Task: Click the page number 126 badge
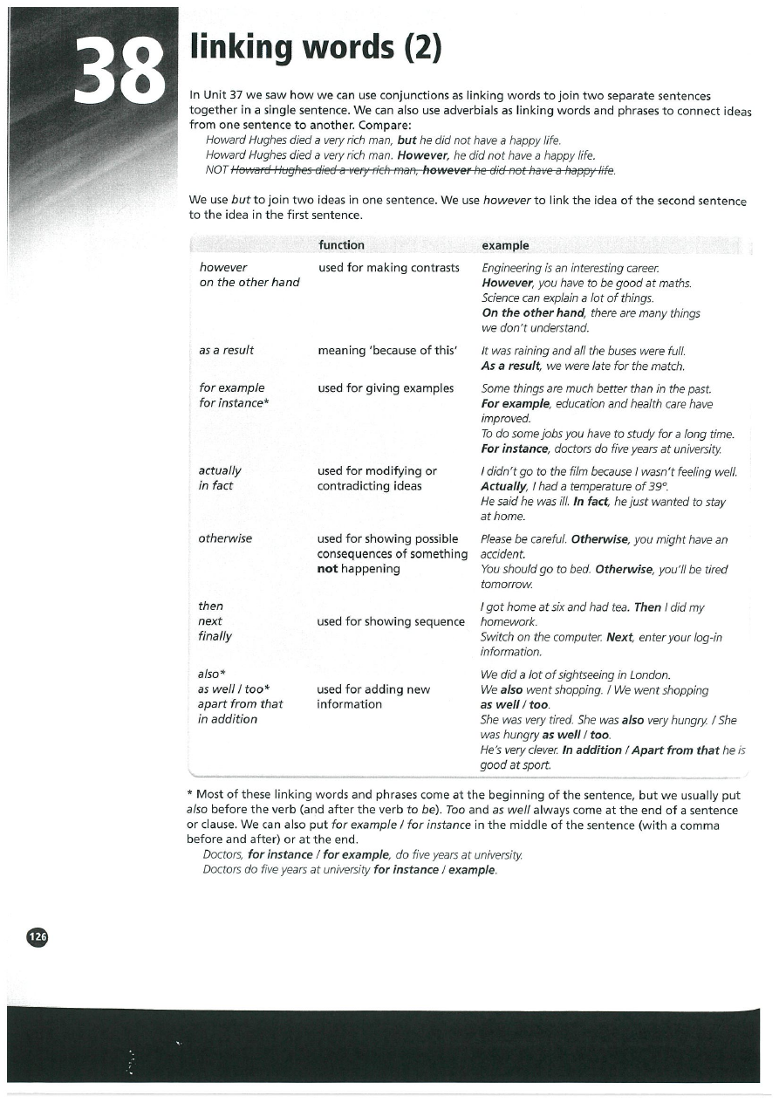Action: click(x=38, y=936)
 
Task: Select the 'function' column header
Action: click(x=341, y=245)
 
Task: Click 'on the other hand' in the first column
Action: click(x=249, y=282)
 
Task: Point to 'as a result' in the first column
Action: click(x=226, y=350)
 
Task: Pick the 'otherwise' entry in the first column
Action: click(x=225, y=538)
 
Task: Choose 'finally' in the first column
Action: click(x=215, y=636)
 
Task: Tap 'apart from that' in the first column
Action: click(x=240, y=703)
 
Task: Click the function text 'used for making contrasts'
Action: click(x=388, y=267)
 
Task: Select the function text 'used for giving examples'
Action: click(x=386, y=387)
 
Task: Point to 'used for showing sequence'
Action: click(x=390, y=621)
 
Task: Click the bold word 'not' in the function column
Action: click(x=327, y=569)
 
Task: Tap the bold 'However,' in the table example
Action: click(x=508, y=283)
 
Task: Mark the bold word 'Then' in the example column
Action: click(x=647, y=606)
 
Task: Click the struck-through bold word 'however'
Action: click(x=448, y=169)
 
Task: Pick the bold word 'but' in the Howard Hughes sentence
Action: click(x=407, y=140)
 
